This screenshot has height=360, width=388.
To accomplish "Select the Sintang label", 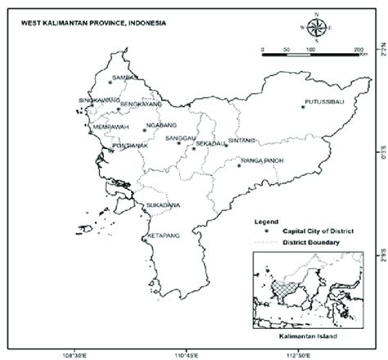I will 244,140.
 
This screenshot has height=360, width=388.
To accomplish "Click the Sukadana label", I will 162,204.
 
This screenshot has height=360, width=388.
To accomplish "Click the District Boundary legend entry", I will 310,242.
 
